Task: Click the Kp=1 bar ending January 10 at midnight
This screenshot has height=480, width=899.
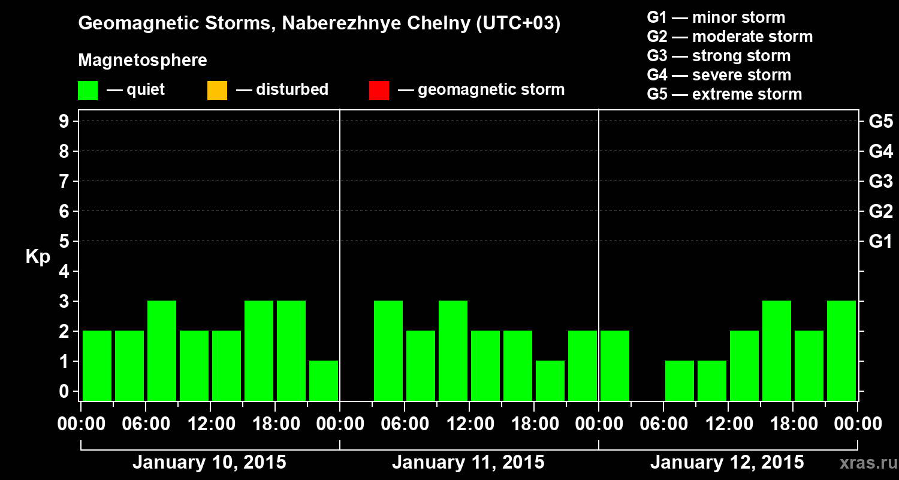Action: [x=324, y=380]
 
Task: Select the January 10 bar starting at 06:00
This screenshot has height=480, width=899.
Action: [x=162, y=350]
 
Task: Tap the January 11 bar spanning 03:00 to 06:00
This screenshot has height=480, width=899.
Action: [x=388, y=350]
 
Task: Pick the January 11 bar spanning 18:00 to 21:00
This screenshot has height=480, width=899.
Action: [x=550, y=380]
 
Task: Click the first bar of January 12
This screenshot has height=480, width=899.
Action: [x=615, y=365]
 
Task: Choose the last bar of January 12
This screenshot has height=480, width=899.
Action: [x=841, y=350]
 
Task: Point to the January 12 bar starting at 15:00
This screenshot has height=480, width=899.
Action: [x=777, y=350]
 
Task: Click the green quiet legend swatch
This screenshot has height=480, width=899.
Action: [x=88, y=91]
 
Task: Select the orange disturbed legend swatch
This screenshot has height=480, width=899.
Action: [x=217, y=91]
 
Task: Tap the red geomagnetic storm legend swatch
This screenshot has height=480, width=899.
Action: [x=379, y=91]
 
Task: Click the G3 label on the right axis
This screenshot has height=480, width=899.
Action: [x=880, y=181]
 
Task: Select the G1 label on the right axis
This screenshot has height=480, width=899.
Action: [x=880, y=241]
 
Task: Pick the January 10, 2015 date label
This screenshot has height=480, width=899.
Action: [x=209, y=463]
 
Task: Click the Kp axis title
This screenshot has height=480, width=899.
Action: [x=38, y=257]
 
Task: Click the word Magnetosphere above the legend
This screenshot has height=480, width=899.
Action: [x=143, y=61]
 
